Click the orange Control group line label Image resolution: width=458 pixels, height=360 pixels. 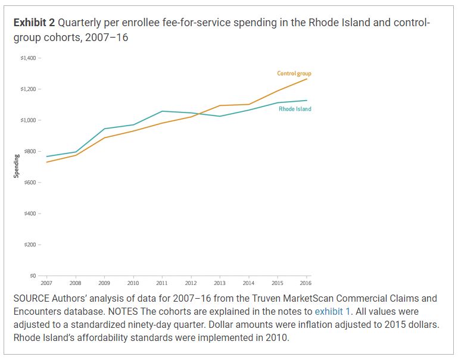(294, 74)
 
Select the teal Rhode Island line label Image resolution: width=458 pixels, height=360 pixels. (295, 109)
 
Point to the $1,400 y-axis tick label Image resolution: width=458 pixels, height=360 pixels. (28, 58)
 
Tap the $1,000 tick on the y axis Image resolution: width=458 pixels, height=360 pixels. (28, 120)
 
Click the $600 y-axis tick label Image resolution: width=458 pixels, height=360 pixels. (30, 182)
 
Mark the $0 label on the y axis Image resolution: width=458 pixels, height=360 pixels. (32, 276)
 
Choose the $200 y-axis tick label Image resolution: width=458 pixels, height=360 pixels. (30, 245)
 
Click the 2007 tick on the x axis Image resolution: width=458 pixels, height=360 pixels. (46, 283)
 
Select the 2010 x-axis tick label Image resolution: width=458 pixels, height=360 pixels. (133, 283)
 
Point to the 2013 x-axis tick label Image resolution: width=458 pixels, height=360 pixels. (220, 283)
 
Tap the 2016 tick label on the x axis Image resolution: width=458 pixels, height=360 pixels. (306, 283)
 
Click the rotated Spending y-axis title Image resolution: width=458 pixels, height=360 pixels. (17, 166)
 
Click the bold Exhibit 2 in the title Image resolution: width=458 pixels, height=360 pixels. (35, 23)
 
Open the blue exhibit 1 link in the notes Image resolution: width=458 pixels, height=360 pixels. (332, 311)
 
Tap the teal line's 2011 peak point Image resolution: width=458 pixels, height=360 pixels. (162, 111)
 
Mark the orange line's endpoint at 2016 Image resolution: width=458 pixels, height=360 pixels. (307, 79)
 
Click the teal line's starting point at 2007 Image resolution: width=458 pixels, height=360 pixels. (46, 156)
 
